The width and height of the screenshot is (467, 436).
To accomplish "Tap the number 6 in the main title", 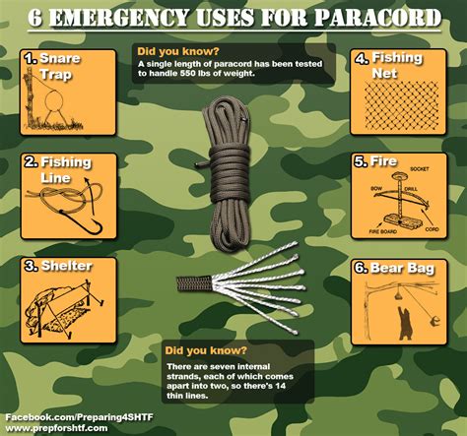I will click(36, 17).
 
